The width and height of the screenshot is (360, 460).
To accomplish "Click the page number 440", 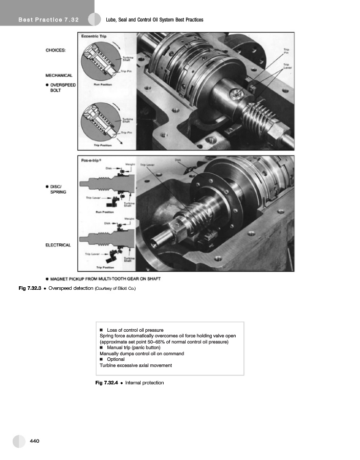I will (x=35, y=441).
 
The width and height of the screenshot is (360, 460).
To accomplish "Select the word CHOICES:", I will (x=56, y=50).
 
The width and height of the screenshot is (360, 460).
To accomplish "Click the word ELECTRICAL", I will (x=58, y=245).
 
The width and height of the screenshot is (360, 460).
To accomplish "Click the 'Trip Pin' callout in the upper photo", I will (x=286, y=51).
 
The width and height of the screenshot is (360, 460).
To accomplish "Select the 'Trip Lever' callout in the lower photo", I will (x=147, y=165).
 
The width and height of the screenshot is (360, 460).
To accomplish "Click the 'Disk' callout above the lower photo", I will (x=178, y=160).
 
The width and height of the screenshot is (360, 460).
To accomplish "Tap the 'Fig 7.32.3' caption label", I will (x=33, y=289).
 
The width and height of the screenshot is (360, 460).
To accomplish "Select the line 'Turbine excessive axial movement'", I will (x=136, y=365).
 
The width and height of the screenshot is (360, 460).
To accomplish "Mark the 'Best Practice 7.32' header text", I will (x=48, y=20).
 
